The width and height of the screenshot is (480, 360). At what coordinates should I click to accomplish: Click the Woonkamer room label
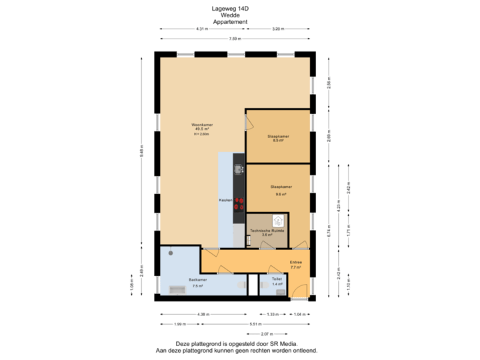201,125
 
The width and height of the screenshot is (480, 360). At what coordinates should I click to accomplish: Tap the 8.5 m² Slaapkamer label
279,137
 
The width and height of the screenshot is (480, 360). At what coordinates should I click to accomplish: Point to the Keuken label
225,200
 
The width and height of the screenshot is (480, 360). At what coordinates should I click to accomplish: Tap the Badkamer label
197,280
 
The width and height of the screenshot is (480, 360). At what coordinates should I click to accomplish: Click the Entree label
296,263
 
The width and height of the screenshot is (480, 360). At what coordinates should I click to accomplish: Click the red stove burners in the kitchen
239,204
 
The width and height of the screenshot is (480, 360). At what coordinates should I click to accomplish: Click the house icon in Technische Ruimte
277,219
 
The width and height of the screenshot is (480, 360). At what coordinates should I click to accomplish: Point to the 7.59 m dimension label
235,39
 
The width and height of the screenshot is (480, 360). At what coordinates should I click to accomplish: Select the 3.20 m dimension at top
278,29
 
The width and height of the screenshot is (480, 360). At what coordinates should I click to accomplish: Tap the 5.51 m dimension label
255,324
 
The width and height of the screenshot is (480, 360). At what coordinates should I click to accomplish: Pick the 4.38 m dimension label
203,314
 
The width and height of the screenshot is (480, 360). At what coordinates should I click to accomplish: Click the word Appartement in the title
231,22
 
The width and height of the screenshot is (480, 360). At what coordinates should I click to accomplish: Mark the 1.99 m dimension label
179,324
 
